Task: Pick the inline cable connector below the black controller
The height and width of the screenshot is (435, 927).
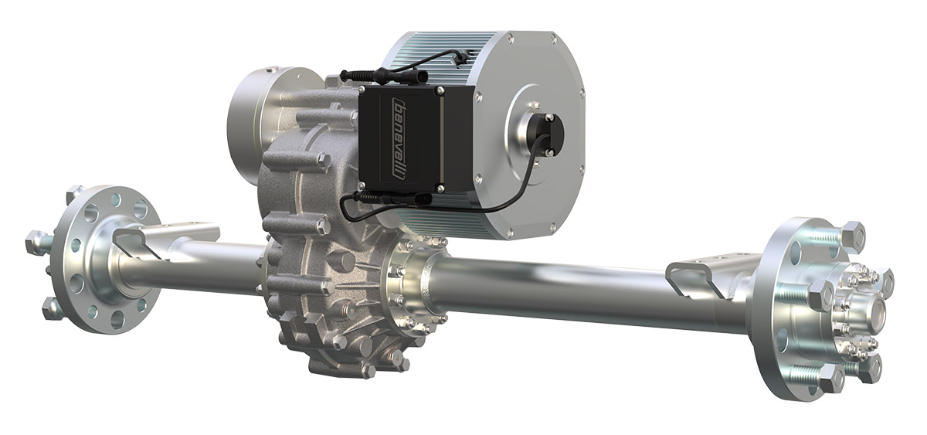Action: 402,199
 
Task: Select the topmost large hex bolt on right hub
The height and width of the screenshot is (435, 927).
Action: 851,234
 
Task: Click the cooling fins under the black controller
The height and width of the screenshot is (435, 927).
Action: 440,220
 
